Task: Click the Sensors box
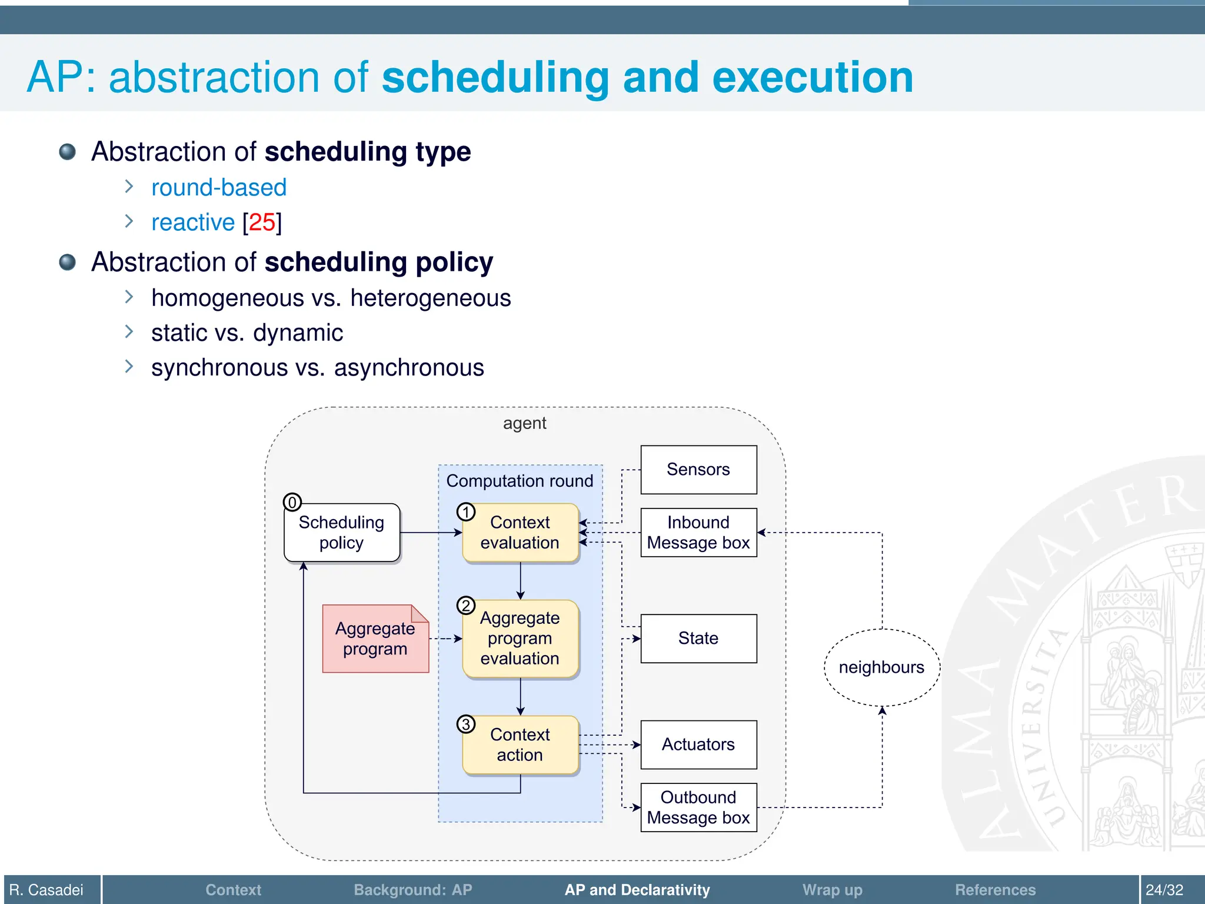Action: (698, 470)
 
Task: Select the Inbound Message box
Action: (698, 533)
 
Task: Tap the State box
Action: (698, 639)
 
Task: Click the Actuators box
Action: (698, 745)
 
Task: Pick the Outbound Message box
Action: (698, 807)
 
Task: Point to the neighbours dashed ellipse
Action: (881, 667)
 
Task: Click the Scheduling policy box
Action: (342, 533)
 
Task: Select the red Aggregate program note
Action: (375, 639)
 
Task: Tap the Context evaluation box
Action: (520, 533)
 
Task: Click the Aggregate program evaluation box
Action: (520, 639)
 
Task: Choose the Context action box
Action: (520, 745)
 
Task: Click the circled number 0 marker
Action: (292, 503)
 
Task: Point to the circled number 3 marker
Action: (466, 724)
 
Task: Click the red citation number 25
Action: (262, 222)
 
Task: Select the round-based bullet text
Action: (219, 188)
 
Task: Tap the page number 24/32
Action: (1164, 890)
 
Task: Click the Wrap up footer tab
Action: (832, 890)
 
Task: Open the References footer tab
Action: (995, 890)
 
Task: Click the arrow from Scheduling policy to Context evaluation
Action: (431, 533)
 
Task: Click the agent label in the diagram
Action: (524, 424)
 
